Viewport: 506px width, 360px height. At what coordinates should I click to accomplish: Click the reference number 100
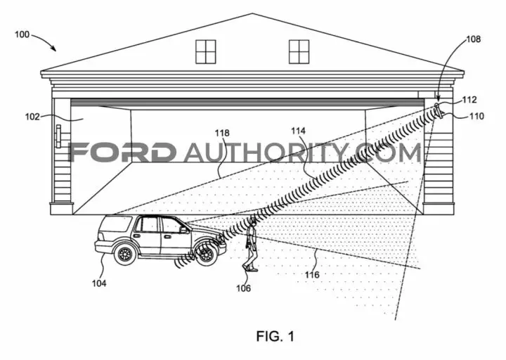click(22, 34)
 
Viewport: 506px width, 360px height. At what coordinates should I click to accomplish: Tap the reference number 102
click(32, 117)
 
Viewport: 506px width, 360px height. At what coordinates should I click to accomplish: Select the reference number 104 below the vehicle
click(99, 283)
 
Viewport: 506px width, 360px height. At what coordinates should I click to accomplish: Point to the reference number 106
click(243, 288)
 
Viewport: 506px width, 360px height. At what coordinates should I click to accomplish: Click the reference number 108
click(474, 39)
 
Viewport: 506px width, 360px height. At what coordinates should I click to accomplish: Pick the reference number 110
click(477, 116)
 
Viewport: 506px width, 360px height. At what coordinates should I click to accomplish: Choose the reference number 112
click(469, 100)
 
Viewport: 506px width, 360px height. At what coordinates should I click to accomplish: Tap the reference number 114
click(298, 131)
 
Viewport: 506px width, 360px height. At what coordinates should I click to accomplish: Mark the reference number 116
click(312, 275)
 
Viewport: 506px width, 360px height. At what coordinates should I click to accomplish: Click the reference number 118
click(222, 133)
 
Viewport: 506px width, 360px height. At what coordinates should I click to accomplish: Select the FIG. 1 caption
click(275, 336)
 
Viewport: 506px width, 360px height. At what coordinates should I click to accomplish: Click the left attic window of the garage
click(205, 52)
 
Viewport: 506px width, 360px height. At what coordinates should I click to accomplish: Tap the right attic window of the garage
click(299, 52)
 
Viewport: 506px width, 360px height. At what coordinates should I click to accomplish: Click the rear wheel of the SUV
click(125, 255)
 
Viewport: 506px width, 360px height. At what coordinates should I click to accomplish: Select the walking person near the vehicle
click(251, 244)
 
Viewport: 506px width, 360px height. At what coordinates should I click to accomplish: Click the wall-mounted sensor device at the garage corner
click(439, 111)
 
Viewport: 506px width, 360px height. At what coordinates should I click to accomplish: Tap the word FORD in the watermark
click(121, 152)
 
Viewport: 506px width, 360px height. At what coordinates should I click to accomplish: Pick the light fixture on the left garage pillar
click(58, 136)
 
